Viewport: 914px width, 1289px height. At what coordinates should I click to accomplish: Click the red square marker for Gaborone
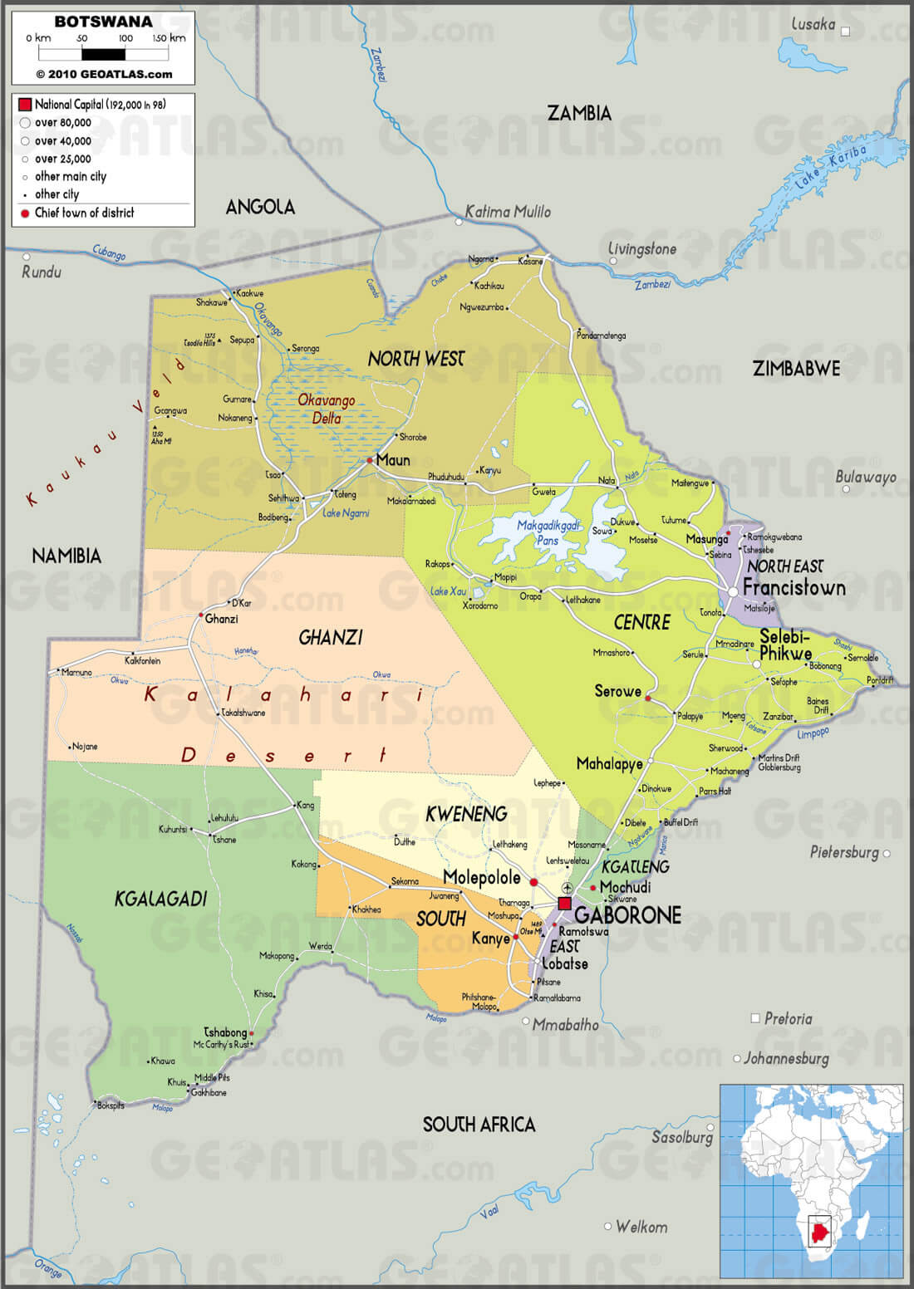[565, 904]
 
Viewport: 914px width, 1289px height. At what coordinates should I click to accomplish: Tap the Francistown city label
[794, 588]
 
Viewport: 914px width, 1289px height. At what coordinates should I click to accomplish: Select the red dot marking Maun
[370, 460]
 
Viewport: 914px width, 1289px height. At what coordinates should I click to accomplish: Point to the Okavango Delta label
[327, 409]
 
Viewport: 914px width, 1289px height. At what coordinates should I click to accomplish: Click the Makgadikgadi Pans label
[548, 532]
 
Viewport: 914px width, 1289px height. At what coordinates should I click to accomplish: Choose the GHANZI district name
[331, 638]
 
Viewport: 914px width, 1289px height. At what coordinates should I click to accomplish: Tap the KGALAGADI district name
[160, 899]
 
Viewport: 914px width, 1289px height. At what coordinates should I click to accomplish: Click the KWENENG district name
[466, 815]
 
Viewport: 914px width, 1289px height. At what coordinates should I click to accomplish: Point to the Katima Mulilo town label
[508, 212]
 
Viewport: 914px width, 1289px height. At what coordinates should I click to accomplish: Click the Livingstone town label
[642, 249]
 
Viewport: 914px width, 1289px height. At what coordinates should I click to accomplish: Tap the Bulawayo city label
[866, 477]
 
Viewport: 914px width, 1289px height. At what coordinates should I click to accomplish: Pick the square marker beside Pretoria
[755, 1017]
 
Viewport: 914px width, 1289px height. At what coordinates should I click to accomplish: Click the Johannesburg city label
[786, 1059]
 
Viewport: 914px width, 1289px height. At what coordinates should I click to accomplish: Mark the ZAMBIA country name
[579, 114]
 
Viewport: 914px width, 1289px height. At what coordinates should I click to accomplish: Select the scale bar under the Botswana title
[103, 55]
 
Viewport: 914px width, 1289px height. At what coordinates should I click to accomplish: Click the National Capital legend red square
[25, 105]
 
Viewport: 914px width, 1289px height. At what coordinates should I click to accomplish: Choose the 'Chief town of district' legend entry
[84, 213]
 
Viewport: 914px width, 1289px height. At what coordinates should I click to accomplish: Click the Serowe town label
[617, 691]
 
